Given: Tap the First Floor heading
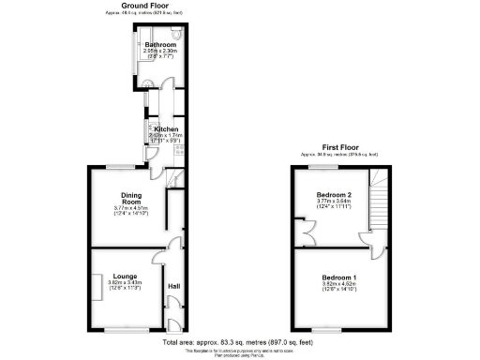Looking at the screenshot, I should (342, 147).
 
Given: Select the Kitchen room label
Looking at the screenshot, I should (167, 129).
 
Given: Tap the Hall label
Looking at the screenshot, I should (172, 286).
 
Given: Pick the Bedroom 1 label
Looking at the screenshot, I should (338, 278).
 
